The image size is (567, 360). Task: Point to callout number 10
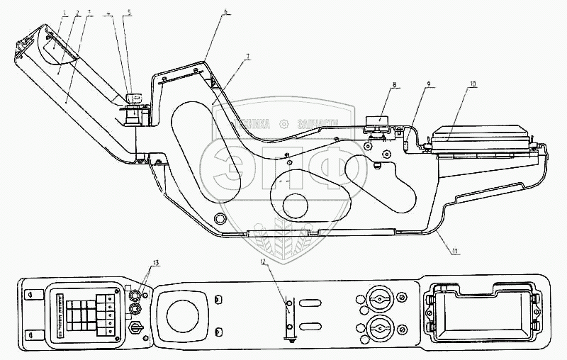pyautogui.click(x=473, y=84)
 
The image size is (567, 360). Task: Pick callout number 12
pyautogui.click(x=263, y=261)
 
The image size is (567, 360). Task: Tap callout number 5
pyautogui.click(x=128, y=13)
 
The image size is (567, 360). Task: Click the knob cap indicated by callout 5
pyautogui.click(x=133, y=97)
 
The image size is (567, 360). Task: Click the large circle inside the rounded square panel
pyautogui.click(x=183, y=315)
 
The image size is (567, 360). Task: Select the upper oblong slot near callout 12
pyautogui.click(x=311, y=302)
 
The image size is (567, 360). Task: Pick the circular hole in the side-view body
pyautogui.click(x=296, y=206)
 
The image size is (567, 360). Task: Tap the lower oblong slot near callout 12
pyautogui.click(x=311, y=327)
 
